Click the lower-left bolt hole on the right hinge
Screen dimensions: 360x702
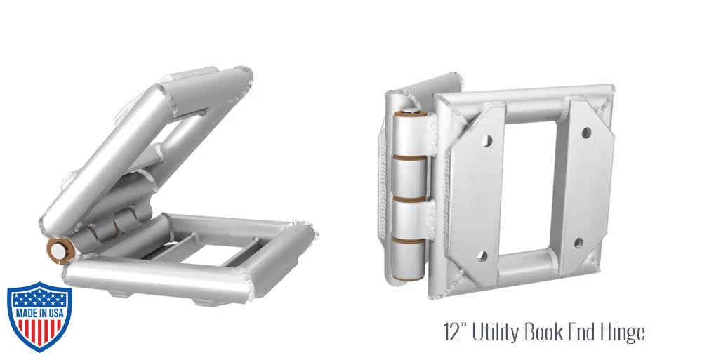click(483, 255)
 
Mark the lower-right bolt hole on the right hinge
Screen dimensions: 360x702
click(578, 244)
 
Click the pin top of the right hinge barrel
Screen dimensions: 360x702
click(409, 112)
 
